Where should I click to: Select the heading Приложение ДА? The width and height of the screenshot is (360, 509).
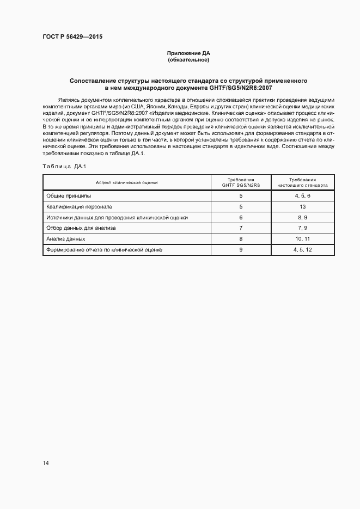click(x=188, y=53)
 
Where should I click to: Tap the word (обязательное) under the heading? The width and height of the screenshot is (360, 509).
click(x=188, y=59)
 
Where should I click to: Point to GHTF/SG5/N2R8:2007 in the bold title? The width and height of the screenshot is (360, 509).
click(x=243, y=88)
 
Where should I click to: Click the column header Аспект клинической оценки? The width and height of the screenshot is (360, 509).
click(x=126, y=182)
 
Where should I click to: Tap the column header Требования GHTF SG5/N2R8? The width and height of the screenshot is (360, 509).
click(x=241, y=182)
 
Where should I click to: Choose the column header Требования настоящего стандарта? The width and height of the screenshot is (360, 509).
click(x=303, y=182)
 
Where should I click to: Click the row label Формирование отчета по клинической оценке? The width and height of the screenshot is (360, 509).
click(x=104, y=250)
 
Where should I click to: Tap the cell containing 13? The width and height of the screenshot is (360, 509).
click(x=303, y=207)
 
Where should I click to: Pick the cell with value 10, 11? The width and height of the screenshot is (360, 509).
click(x=303, y=239)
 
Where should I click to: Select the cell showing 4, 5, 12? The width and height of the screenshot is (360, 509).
click(x=303, y=250)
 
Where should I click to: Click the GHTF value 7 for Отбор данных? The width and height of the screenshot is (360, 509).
click(x=241, y=228)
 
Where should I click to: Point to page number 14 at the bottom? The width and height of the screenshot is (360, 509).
click(x=46, y=463)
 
